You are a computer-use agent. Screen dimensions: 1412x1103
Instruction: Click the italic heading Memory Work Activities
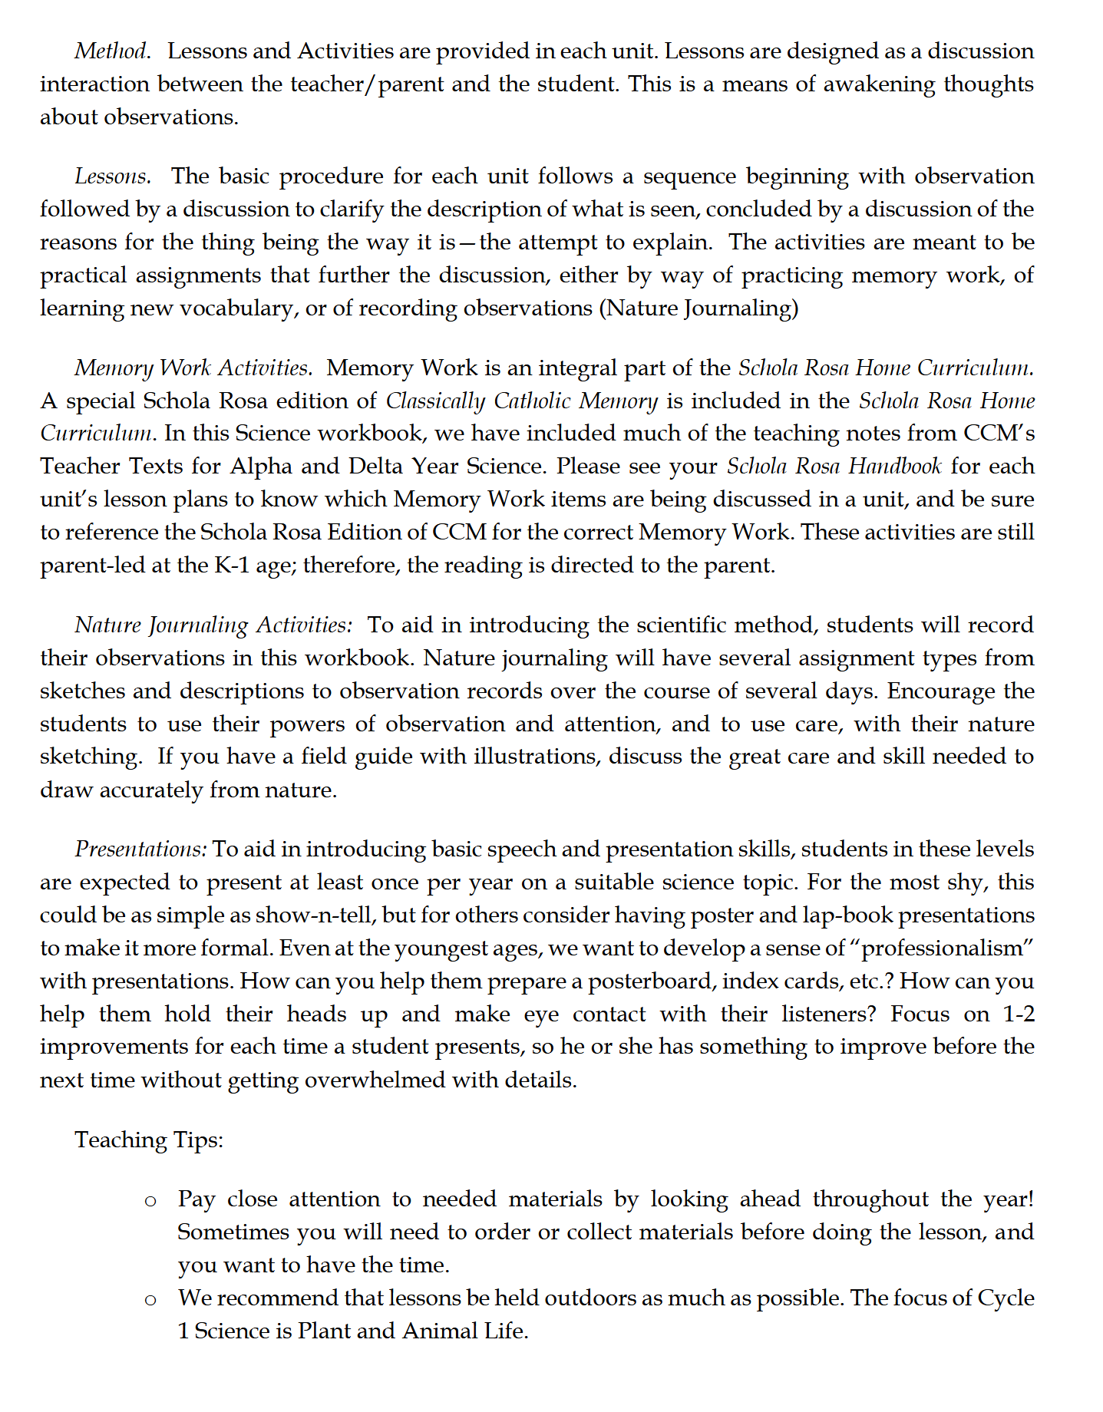(x=193, y=368)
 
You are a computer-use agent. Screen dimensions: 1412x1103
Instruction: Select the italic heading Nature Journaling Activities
(x=213, y=625)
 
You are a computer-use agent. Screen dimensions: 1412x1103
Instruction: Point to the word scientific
(x=662, y=625)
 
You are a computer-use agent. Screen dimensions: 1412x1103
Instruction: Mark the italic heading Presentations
(x=140, y=850)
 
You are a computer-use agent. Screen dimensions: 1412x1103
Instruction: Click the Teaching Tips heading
(x=149, y=1140)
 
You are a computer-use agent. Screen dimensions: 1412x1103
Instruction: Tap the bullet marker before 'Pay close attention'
(x=150, y=1201)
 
